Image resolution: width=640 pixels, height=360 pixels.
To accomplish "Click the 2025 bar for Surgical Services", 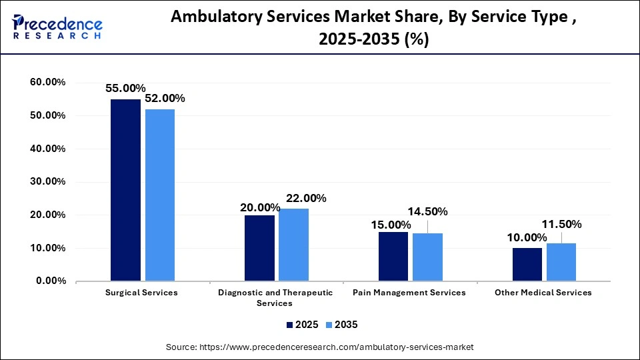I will (x=125, y=190).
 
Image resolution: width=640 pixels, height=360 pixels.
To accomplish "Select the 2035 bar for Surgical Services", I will (x=160, y=195).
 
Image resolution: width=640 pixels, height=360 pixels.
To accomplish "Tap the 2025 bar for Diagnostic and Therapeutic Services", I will (x=259, y=248).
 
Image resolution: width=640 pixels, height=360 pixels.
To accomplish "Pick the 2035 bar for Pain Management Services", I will (x=427, y=257).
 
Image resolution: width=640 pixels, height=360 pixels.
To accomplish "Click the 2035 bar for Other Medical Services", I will (x=561, y=262).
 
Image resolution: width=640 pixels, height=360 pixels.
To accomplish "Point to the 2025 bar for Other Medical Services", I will (x=527, y=265).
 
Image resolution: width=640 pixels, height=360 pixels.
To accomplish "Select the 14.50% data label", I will (x=427, y=211).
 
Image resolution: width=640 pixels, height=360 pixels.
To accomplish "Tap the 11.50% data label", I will (x=561, y=224).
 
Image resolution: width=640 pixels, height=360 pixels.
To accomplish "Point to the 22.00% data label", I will (x=305, y=198).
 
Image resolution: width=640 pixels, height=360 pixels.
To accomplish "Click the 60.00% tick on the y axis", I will (x=47, y=83).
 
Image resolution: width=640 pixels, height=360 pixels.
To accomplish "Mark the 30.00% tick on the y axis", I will (x=47, y=182).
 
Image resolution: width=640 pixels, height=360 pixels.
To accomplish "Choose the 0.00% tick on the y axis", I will (x=50, y=281).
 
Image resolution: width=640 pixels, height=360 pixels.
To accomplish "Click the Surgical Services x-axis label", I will (x=142, y=293).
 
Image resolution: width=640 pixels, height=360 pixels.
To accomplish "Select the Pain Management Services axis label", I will (x=409, y=293).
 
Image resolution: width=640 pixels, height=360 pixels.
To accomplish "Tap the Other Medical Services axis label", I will (x=543, y=293).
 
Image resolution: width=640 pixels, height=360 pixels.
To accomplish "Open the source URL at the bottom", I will (x=320, y=347).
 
